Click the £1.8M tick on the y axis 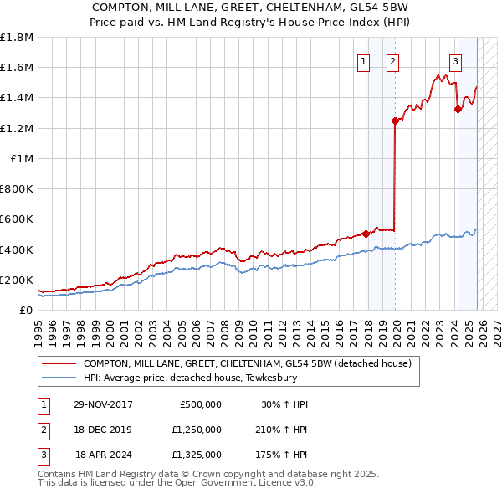coord(17,38)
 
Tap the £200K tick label coord(17,280)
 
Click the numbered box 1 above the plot coord(365,60)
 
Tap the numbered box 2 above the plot coord(392,60)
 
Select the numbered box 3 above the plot coord(455,60)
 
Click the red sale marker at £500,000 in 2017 coord(366,234)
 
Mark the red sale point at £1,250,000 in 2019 coord(395,121)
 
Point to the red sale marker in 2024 coord(457,109)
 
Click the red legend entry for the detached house coord(247,364)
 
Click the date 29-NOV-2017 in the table coord(103,404)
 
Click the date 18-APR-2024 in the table coord(104,455)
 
